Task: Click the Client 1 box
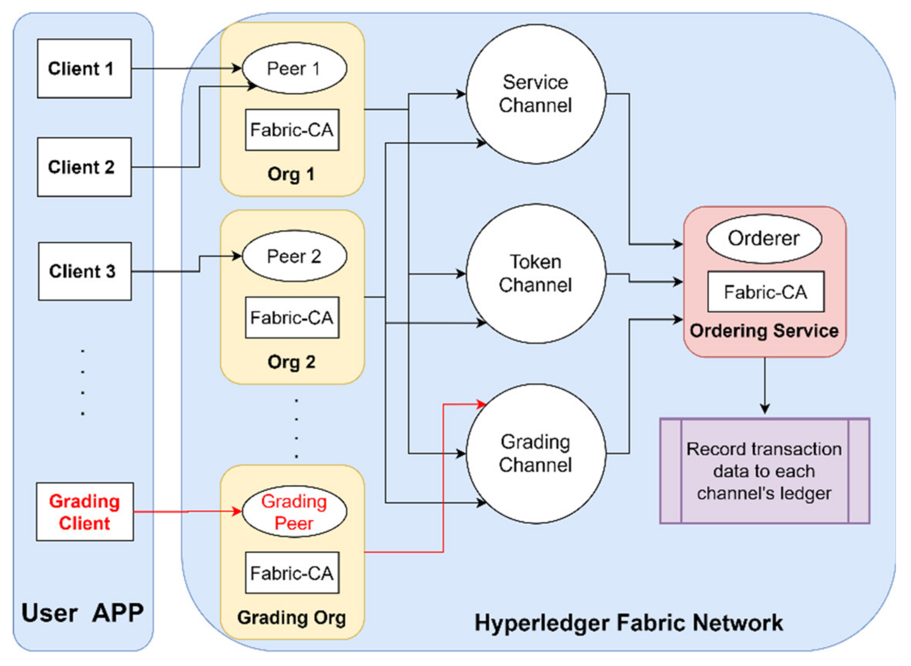pyautogui.click(x=84, y=69)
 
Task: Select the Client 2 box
pyautogui.click(x=84, y=167)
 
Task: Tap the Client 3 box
pyautogui.click(x=85, y=271)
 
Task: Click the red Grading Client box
pyautogui.click(x=85, y=512)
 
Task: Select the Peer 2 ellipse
pyautogui.click(x=294, y=256)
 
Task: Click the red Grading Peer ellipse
pyautogui.click(x=294, y=512)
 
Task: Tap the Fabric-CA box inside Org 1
pyautogui.click(x=292, y=130)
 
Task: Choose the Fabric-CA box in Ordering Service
pyautogui.click(x=766, y=292)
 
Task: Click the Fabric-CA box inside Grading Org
pyautogui.click(x=292, y=573)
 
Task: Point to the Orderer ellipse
pyautogui.click(x=764, y=239)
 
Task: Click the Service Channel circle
pyautogui.click(x=536, y=94)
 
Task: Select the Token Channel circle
pyautogui.click(x=536, y=274)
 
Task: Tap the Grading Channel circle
pyautogui.click(x=536, y=454)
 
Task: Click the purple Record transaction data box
pyautogui.click(x=765, y=471)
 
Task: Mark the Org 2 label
pyautogui.click(x=291, y=362)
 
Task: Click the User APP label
pyautogui.click(x=83, y=613)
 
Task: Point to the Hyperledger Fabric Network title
pyautogui.click(x=629, y=623)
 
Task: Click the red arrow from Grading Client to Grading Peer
pyautogui.click(x=188, y=512)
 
